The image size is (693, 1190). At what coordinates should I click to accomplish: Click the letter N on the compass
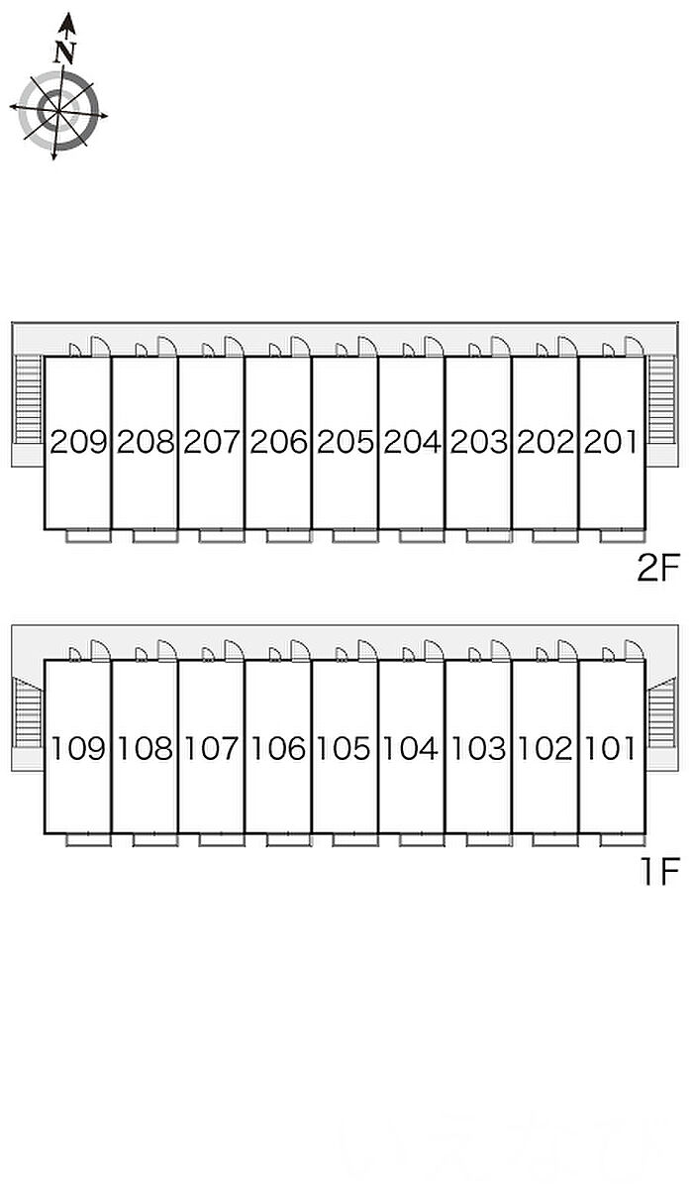click(x=64, y=53)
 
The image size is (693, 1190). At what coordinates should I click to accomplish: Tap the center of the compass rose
click(x=58, y=111)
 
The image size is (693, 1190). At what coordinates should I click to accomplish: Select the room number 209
click(x=78, y=442)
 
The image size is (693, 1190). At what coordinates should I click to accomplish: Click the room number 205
click(x=346, y=442)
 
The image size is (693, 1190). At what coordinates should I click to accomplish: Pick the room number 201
click(x=611, y=442)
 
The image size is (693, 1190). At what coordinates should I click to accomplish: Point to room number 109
click(x=78, y=748)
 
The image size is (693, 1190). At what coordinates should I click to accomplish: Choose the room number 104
click(x=410, y=748)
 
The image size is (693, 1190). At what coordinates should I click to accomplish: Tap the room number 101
click(x=610, y=748)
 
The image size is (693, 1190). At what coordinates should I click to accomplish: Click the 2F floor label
click(x=658, y=568)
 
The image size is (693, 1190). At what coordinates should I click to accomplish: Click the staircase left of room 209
click(x=28, y=399)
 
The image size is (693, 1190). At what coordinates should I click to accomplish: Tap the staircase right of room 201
click(x=661, y=399)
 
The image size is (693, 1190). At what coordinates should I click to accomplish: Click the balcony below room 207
click(x=222, y=535)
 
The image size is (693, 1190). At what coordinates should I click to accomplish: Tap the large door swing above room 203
click(x=501, y=346)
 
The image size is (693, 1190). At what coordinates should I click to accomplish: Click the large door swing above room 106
click(x=300, y=650)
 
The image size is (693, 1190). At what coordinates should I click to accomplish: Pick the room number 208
click(x=146, y=442)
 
